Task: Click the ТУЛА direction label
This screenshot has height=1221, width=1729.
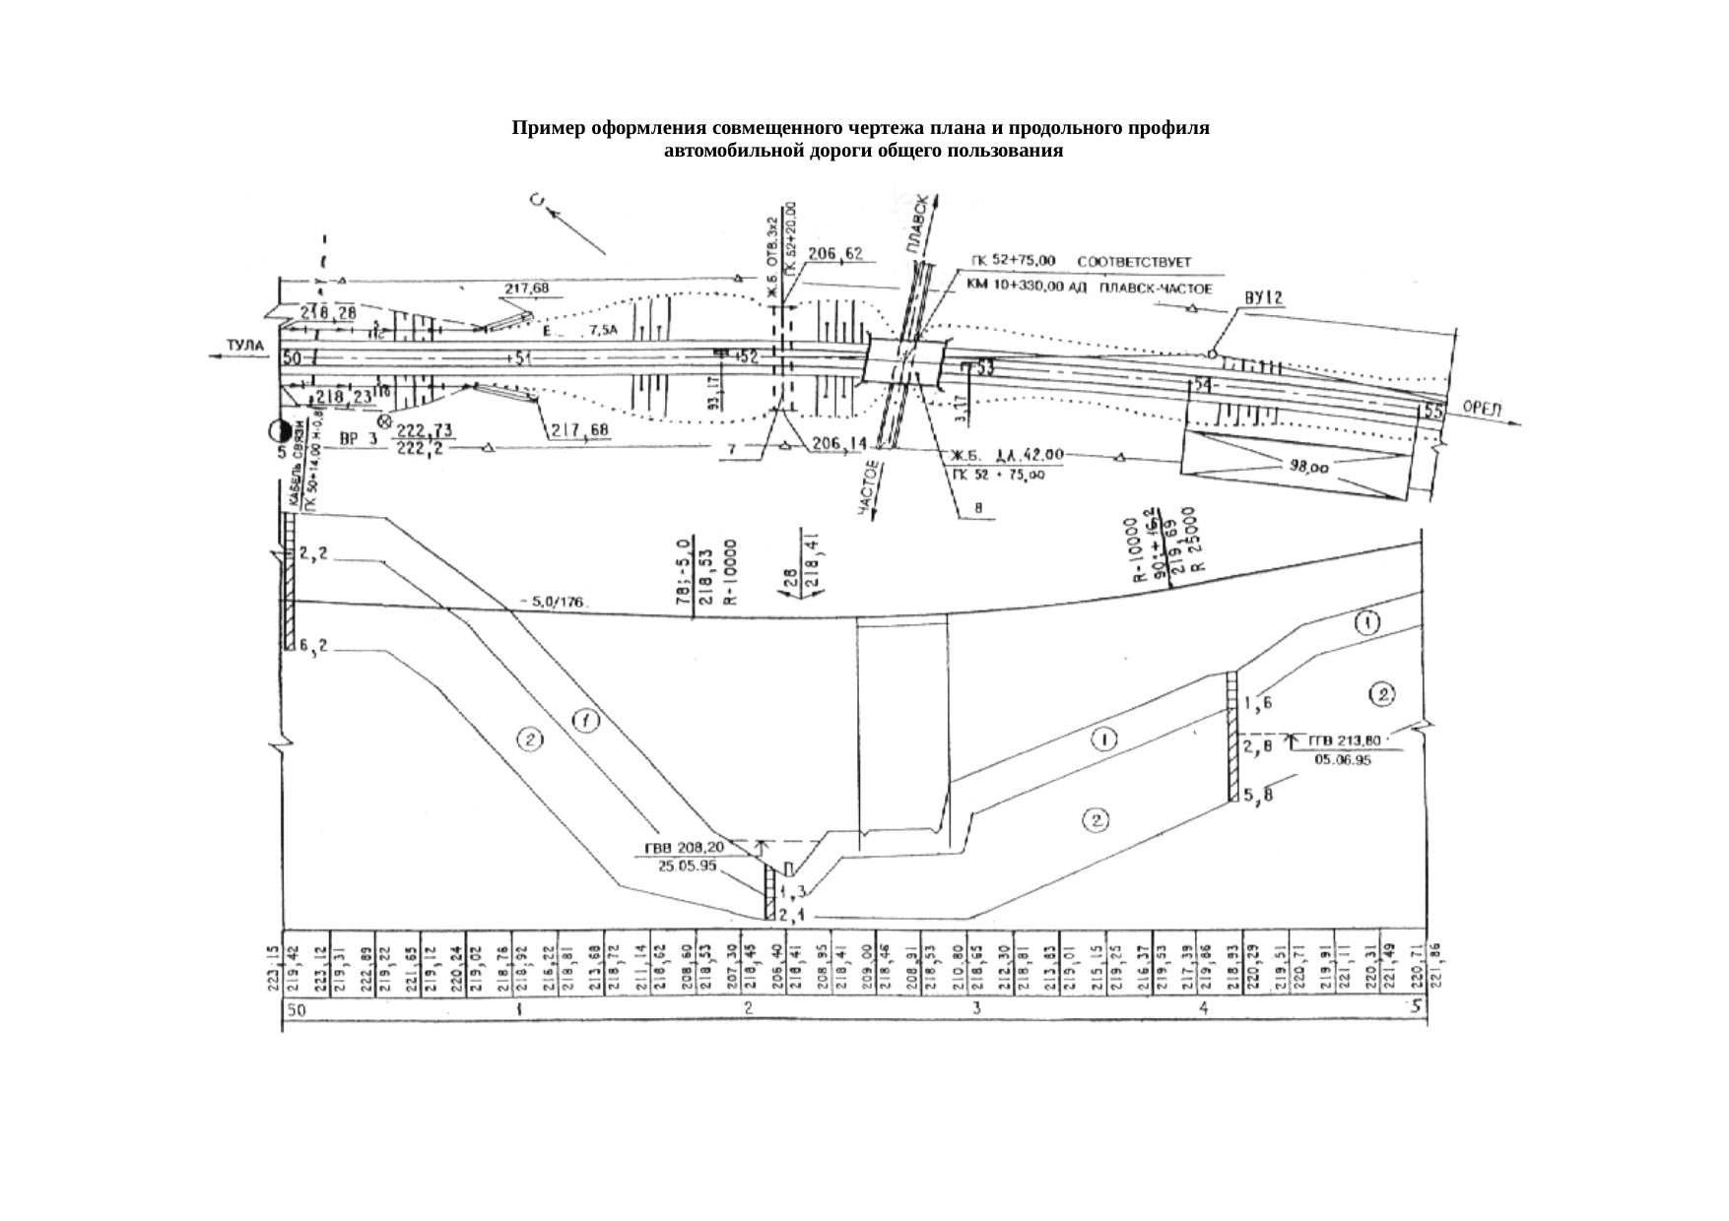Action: coord(245,345)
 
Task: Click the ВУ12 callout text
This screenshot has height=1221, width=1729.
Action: coord(1263,297)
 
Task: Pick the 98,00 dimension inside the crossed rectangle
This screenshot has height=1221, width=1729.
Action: coord(1310,469)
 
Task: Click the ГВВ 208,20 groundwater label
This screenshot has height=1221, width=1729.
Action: coord(684,847)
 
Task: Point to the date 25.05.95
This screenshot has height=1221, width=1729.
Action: coord(687,866)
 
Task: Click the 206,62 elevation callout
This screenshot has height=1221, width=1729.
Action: coord(834,254)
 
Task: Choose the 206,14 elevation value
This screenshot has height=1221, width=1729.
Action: coord(837,444)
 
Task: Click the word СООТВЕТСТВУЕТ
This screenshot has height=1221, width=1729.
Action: coord(1135,263)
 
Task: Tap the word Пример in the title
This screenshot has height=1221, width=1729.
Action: coord(547,129)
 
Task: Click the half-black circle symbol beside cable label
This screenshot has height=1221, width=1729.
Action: coord(281,431)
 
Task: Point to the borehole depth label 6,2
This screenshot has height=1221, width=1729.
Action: coord(314,647)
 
